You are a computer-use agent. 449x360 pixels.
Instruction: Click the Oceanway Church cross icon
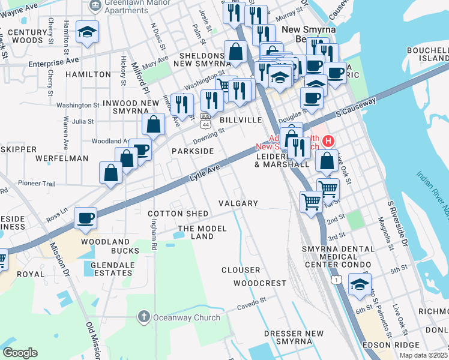pyautogui.click(x=143, y=316)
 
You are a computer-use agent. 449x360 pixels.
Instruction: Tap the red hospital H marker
pyautogui.click(x=328, y=142)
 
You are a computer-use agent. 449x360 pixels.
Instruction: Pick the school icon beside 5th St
pyautogui.click(x=360, y=284)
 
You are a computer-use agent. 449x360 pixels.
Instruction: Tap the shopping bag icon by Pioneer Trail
pyautogui.click(x=111, y=173)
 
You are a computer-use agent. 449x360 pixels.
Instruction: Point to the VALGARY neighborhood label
pyautogui.click(x=238, y=203)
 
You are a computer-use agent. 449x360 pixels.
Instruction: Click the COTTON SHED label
pyautogui.click(x=178, y=214)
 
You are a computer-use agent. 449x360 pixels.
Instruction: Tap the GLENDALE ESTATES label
pyautogui.click(x=110, y=268)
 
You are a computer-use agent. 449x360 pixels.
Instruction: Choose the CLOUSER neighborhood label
pyautogui.click(x=241, y=270)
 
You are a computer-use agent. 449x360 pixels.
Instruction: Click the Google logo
pyautogui.click(x=20, y=353)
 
